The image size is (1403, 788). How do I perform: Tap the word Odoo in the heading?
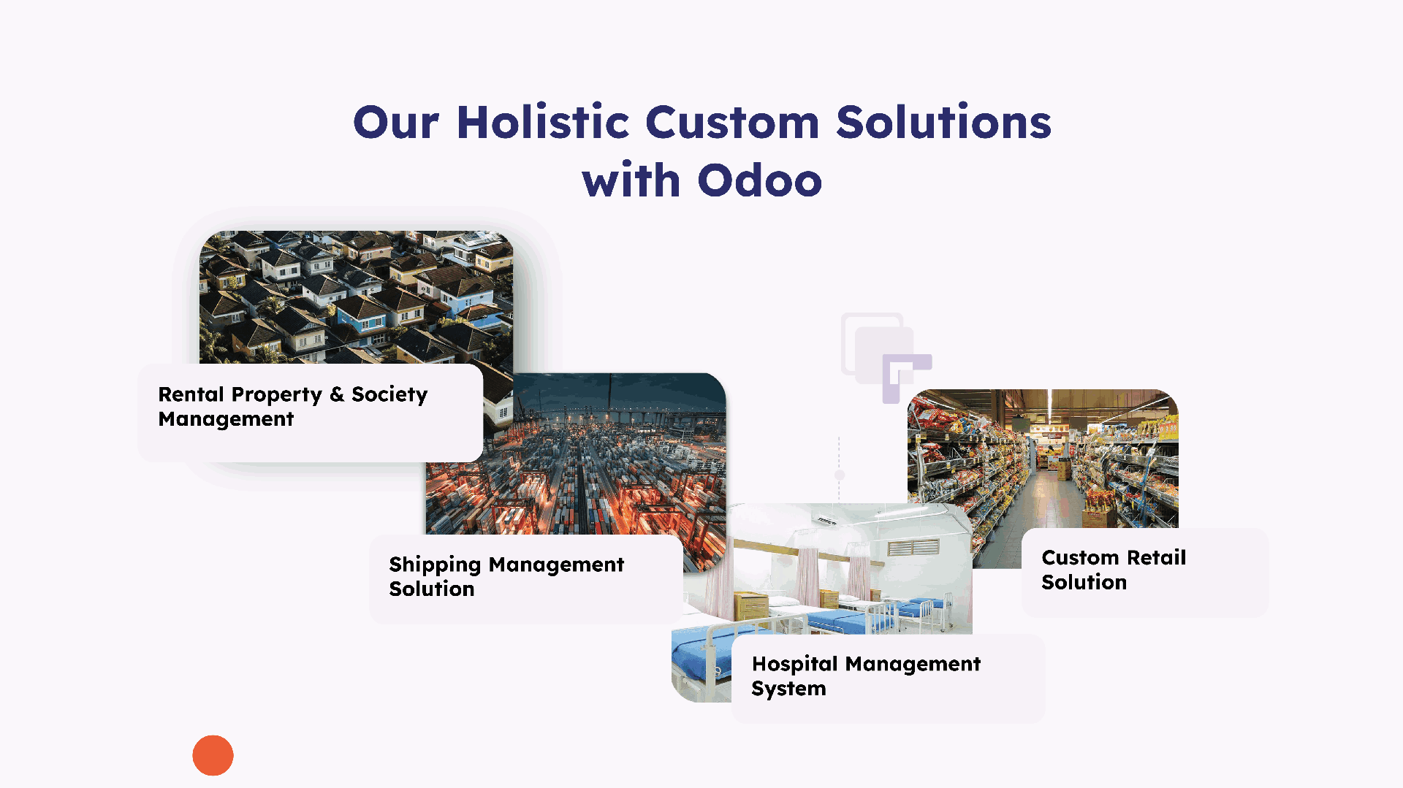tap(760, 180)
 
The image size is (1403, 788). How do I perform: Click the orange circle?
tap(213, 755)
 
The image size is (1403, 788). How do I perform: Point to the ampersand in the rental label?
tap(337, 394)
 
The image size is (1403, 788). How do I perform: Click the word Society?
tap(389, 395)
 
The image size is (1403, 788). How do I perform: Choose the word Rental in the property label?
tap(191, 394)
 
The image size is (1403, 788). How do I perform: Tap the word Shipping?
tap(435, 565)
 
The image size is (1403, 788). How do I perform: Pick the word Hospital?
tap(795, 665)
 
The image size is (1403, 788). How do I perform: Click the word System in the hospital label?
tap(788, 689)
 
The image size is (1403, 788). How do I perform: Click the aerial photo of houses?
tap(357, 297)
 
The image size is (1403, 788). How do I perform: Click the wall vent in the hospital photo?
tap(913, 548)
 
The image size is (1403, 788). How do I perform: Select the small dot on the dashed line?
tap(840, 475)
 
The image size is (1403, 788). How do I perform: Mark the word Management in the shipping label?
tap(556, 565)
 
